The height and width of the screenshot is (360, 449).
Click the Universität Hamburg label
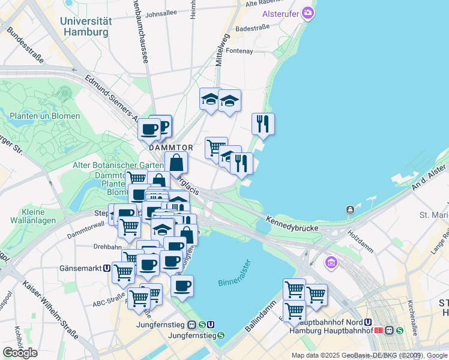(x=86, y=26)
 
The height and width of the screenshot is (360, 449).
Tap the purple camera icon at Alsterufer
(x=308, y=13)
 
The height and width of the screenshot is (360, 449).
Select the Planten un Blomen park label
(x=44, y=116)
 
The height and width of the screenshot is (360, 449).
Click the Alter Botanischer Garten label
(x=118, y=165)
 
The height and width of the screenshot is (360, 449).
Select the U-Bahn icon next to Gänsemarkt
(x=106, y=269)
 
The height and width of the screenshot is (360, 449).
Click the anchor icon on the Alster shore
(x=349, y=209)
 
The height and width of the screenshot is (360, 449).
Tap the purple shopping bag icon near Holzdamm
(x=330, y=262)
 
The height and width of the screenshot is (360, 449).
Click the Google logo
(x=20, y=353)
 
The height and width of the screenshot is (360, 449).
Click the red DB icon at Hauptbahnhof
(x=379, y=330)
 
